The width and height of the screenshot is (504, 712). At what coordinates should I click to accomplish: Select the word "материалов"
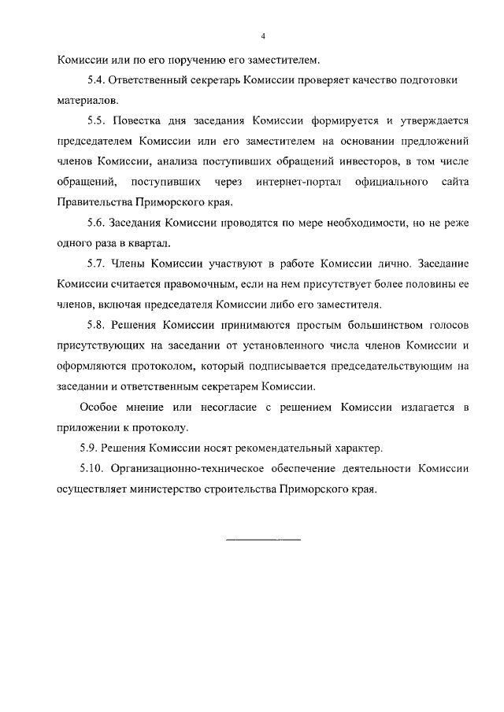pyautogui.click(x=87, y=101)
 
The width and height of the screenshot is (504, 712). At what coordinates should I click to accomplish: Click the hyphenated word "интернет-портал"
pyautogui.click(x=295, y=183)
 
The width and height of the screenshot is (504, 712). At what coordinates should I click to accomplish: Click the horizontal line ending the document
pyautogui.click(x=262, y=540)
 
